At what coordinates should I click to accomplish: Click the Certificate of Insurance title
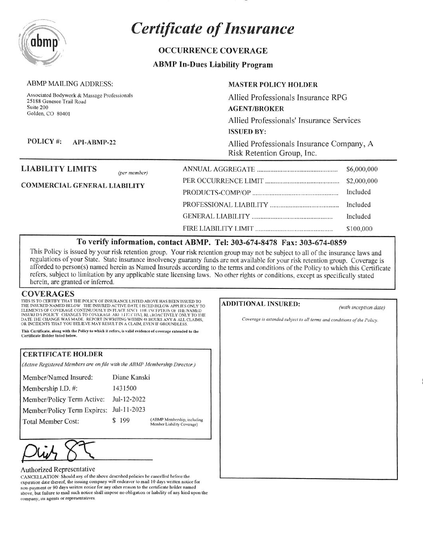[212, 29]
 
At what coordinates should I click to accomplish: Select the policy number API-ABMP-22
[94, 142]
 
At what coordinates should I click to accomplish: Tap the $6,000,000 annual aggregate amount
[362, 169]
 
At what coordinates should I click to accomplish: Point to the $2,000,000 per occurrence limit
[362, 181]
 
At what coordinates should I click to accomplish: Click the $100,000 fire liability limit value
[359, 229]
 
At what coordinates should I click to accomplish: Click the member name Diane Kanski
[131, 377]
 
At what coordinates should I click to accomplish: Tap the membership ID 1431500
[125, 388]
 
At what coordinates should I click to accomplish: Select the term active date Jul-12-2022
[129, 399]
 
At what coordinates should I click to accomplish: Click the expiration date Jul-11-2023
[129, 409]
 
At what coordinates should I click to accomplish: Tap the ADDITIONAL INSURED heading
[260, 304]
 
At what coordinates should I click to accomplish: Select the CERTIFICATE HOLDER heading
[63, 354]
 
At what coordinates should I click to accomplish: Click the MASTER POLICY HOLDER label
[273, 85]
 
